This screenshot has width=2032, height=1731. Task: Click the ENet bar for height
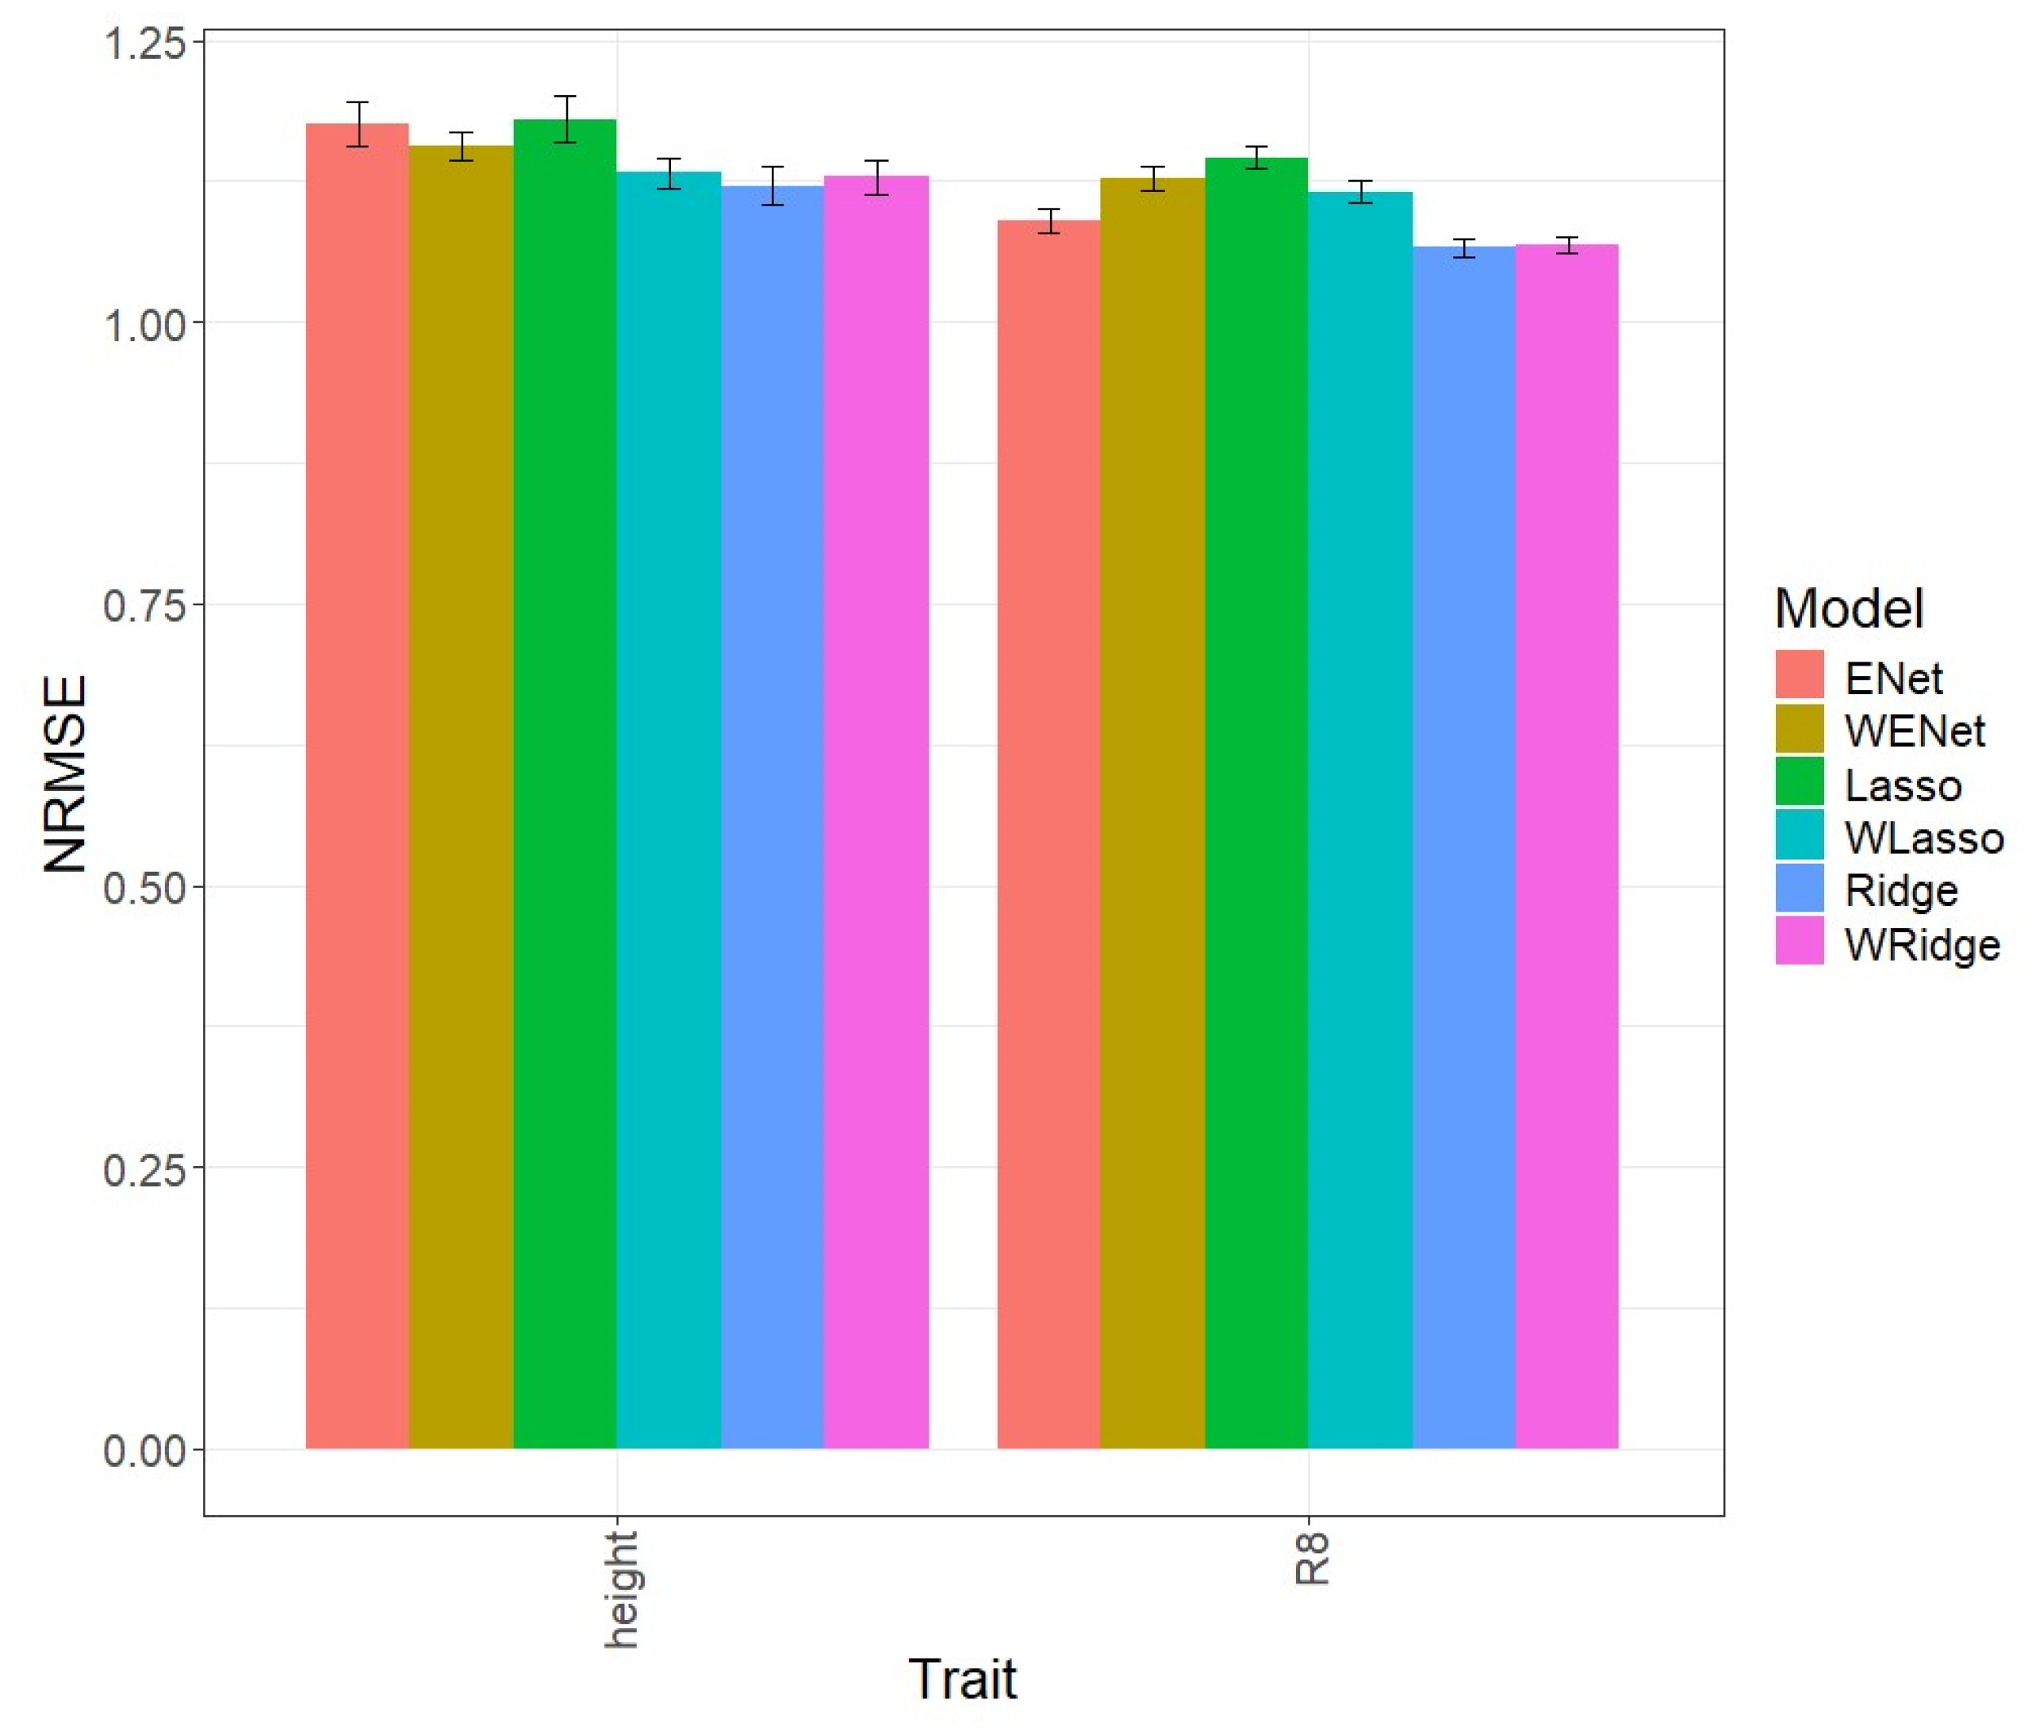tap(357, 785)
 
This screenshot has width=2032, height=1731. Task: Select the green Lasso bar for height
tap(565, 785)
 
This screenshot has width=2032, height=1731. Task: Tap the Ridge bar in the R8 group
tap(1463, 843)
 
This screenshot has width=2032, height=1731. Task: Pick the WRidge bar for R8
tap(1566, 843)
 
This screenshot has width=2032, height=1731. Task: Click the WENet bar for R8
tap(1152, 814)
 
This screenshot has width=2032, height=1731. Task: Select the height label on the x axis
tap(619, 1590)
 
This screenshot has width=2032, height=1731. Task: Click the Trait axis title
tap(962, 1678)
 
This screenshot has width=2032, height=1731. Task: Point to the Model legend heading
tap(1849, 608)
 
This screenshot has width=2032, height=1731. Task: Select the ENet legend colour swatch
tap(1799, 675)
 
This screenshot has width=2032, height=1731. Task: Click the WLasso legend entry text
tap(1923, 838)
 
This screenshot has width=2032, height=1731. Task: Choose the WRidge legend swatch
tap(1799, 942)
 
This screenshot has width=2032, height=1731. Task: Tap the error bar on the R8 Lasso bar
tap(1256, 158)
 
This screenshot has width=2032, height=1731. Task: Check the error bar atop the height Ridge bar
tap(773, 186)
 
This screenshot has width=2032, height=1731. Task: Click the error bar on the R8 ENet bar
tap(1049, 221)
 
